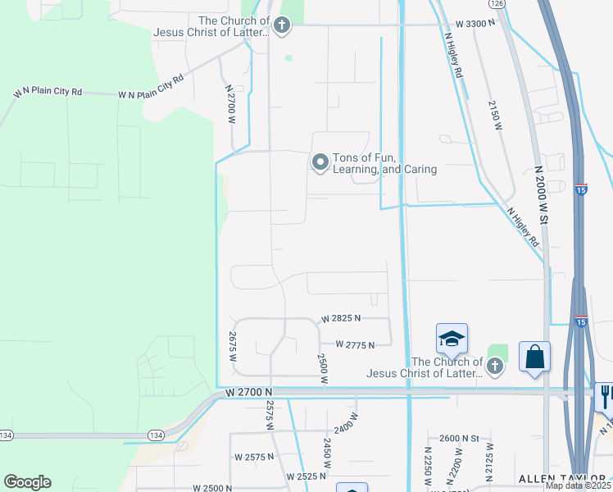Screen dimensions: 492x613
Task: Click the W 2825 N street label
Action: click(341, 318)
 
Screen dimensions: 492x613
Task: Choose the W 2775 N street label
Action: click(354, 345)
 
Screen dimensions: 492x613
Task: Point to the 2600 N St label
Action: click(459, 439)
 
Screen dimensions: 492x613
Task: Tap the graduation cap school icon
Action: click(452, 339)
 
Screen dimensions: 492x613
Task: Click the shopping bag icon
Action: click(534, 357)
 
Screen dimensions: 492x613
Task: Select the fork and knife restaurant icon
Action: click(605, 396)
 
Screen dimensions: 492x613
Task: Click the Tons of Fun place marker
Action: click(320, 162)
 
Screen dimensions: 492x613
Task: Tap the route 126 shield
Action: click(497, 4)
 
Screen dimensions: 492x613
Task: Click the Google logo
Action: click(27, 482)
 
